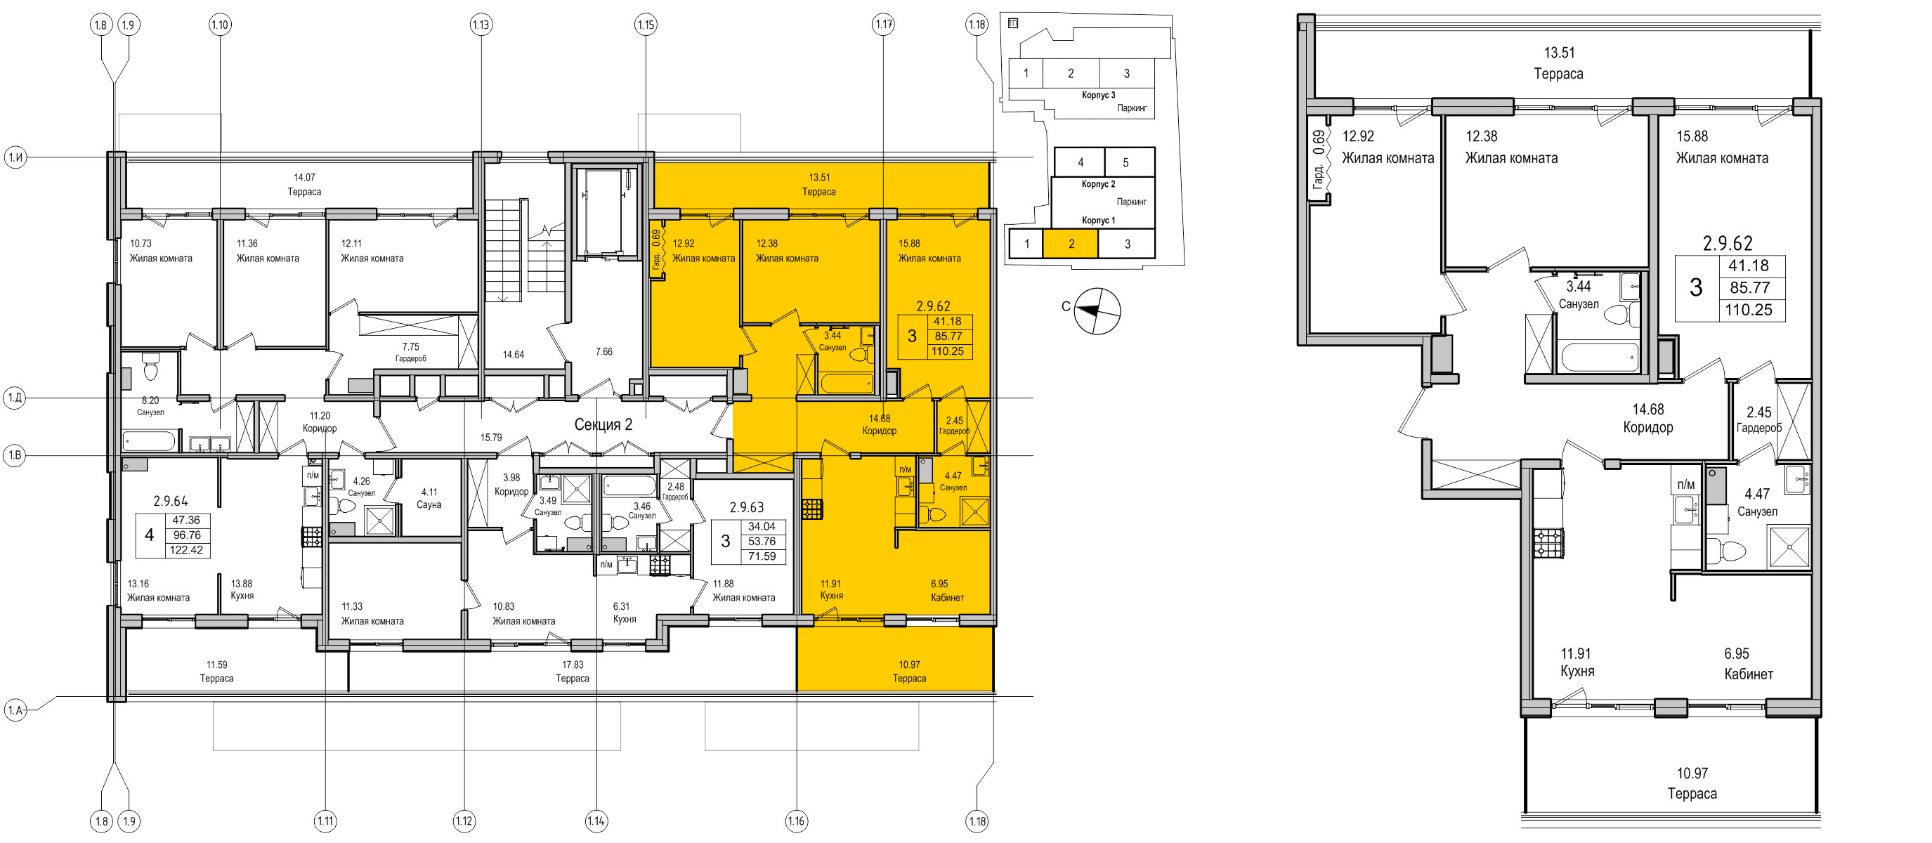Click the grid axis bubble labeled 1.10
220,25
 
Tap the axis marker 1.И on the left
15,157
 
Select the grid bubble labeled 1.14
596,821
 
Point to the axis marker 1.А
15,710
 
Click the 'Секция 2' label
603,424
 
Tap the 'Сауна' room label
429,505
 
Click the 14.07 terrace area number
303,178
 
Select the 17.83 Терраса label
573,672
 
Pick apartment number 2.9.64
170,501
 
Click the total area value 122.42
186,550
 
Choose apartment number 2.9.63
746,508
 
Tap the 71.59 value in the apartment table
762,556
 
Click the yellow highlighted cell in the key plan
1070,244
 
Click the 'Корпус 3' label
1098,96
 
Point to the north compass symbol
1097,311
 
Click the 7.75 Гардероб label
410,353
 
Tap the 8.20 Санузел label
150,407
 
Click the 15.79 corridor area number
491,437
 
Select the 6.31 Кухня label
624,613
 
